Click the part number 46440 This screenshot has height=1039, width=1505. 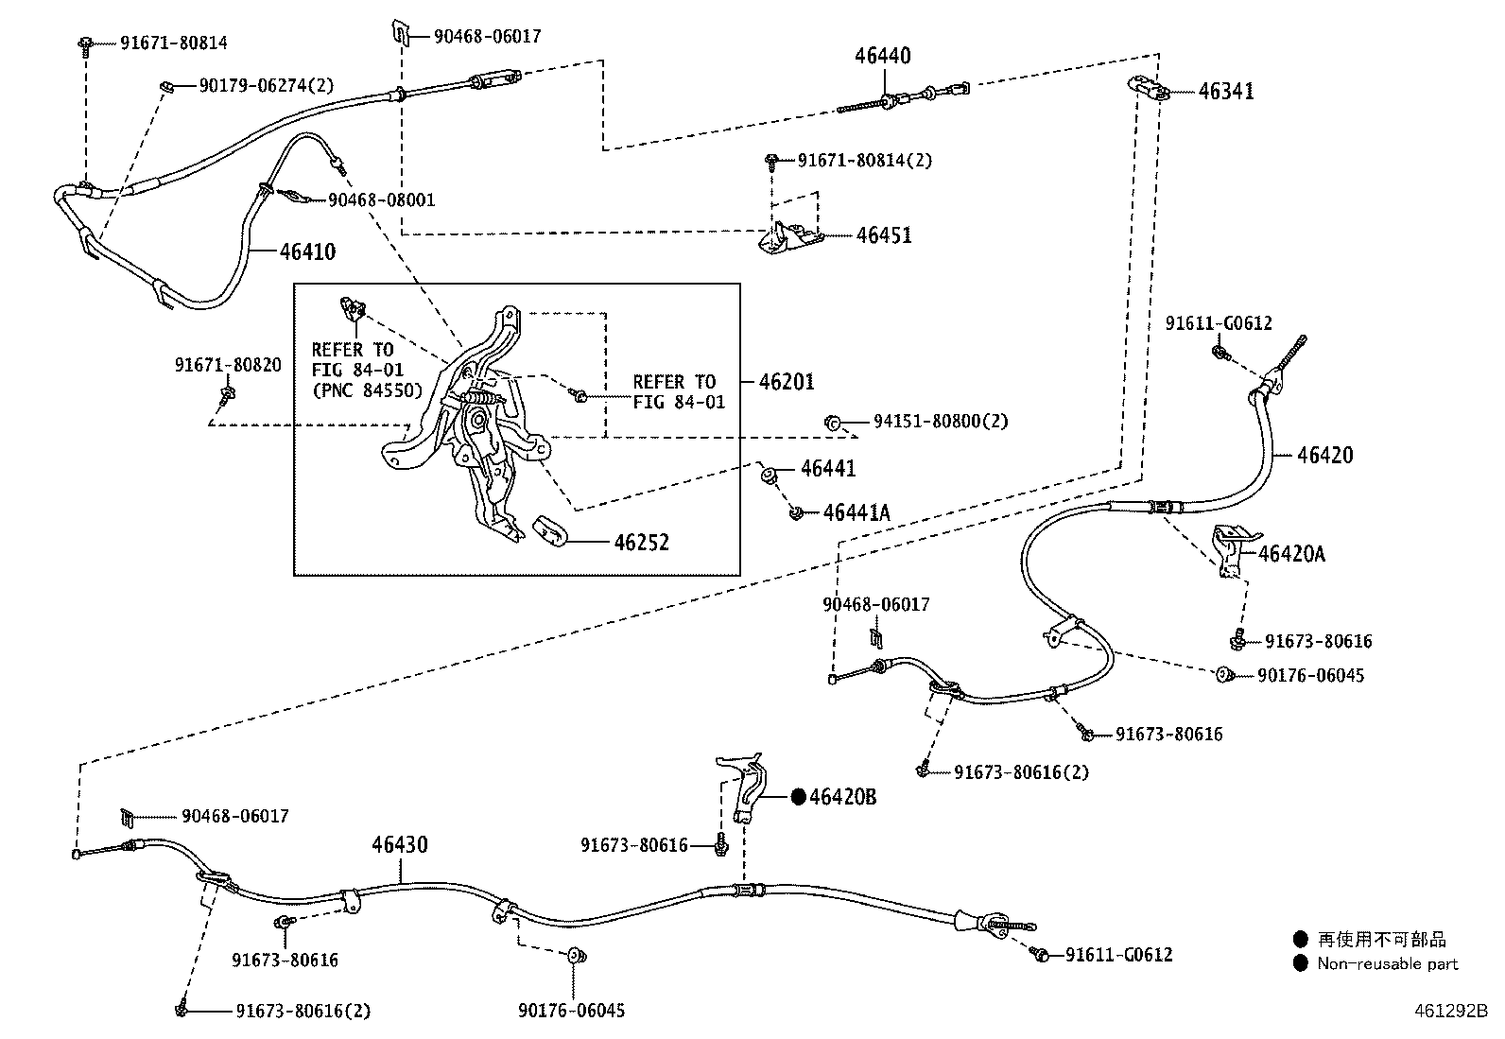pos(883,55)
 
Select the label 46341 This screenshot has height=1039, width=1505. pos(1226,92)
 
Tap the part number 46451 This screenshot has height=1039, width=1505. pos(884,235)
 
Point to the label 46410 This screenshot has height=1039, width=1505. pos(308,251)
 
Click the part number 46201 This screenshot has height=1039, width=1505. pos(787,382)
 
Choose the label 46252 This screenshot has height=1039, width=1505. pos(642,542)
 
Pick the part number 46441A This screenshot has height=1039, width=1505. pos(856,512)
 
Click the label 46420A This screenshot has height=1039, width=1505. pos(1291,554)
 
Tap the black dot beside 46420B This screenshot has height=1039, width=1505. pos(798,796)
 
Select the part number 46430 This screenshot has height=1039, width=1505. pos(400,844)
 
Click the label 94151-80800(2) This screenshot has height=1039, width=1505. pos(941,422)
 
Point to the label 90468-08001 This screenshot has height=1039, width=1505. pos(382,200)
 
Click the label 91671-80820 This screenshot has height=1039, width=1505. pos(228,365)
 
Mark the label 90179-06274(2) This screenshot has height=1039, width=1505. pos(266,85)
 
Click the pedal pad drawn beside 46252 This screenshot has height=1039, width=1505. pos(551,531)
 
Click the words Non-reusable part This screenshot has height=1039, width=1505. pos(1388,963)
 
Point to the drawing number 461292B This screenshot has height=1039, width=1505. pos(1450,1011)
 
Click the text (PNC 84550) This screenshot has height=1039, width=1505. pos(368,390)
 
